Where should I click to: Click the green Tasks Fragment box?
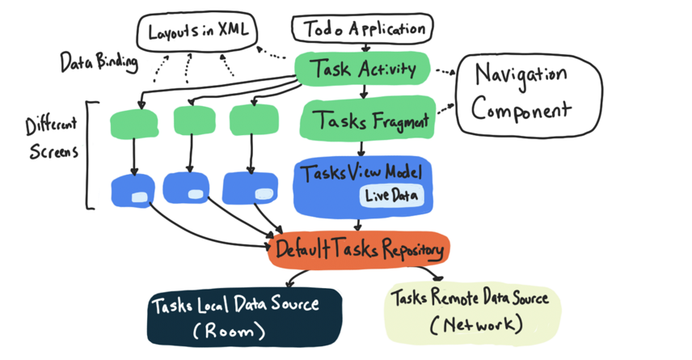pos(369,122)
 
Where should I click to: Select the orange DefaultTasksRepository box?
pos(359,250)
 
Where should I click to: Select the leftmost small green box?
pos(133,123)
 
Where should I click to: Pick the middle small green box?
pos(194,121)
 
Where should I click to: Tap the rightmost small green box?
pos(254,121)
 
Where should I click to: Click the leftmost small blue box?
pos(133,191)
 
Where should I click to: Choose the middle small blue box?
pos(191,188)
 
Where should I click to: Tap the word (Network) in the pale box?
pos(476,325)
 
